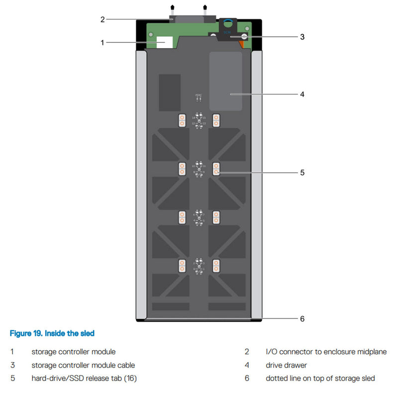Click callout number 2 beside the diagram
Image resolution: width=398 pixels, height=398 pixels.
102,19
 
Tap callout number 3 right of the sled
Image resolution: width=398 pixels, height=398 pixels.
302,36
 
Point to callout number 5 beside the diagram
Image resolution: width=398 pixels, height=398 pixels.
302,173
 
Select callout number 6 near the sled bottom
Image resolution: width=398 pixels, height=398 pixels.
302,319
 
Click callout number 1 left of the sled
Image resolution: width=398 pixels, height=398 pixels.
102,42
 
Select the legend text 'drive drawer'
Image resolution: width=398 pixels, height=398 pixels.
286,365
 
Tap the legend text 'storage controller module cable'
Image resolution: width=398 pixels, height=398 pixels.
83,365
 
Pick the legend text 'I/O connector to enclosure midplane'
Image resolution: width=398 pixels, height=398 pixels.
326,352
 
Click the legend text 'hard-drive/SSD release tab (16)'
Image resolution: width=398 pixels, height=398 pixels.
84,379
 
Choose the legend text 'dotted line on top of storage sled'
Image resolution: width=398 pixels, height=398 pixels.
320,379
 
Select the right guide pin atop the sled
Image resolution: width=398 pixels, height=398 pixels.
205,9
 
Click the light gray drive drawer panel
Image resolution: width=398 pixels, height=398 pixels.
226,81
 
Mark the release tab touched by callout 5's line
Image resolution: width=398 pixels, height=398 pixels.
216,169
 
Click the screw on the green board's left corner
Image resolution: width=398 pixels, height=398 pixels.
150,34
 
